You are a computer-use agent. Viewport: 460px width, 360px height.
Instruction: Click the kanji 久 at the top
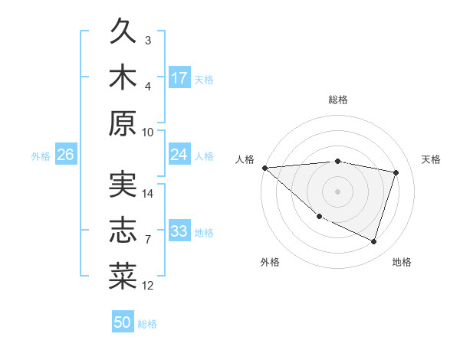(x=123, y=32)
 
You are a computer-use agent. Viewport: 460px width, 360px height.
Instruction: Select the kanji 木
(x=123, y=78)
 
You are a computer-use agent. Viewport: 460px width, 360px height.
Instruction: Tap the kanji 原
(x=123, y=124)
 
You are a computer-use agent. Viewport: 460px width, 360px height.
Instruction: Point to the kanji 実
(x=123, y=186)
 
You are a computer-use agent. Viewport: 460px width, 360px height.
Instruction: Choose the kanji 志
(x=123, y=232)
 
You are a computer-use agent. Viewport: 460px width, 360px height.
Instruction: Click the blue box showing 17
(x=179, y=77)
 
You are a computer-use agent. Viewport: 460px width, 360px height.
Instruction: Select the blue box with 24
(x=179, y=155)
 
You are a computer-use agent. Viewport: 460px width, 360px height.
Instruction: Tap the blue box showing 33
(x=179, y=231)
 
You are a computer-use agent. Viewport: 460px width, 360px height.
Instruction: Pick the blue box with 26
(x=65, y=155)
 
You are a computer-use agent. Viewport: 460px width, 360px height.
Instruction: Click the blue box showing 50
(x=123, y=322)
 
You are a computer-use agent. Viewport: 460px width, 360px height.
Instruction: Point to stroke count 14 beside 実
(x=148, y=194)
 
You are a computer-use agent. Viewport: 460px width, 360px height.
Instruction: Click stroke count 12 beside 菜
(x=148, y=286)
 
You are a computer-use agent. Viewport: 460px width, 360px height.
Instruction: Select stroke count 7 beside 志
(x=148, y=240)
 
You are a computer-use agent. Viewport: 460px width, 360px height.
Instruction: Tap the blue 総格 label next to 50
(x=147, y=324)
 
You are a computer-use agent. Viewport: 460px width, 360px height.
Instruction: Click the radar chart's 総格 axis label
(x=338, y=100)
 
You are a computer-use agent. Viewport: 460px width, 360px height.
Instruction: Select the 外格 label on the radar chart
(x=270, y=262)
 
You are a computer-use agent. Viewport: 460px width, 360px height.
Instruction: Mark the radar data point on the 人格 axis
(x=264, y=168)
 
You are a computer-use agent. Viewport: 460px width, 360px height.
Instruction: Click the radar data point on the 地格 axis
(x=373, y=241)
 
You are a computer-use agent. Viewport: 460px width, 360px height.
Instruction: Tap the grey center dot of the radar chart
(x=338, y=191)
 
